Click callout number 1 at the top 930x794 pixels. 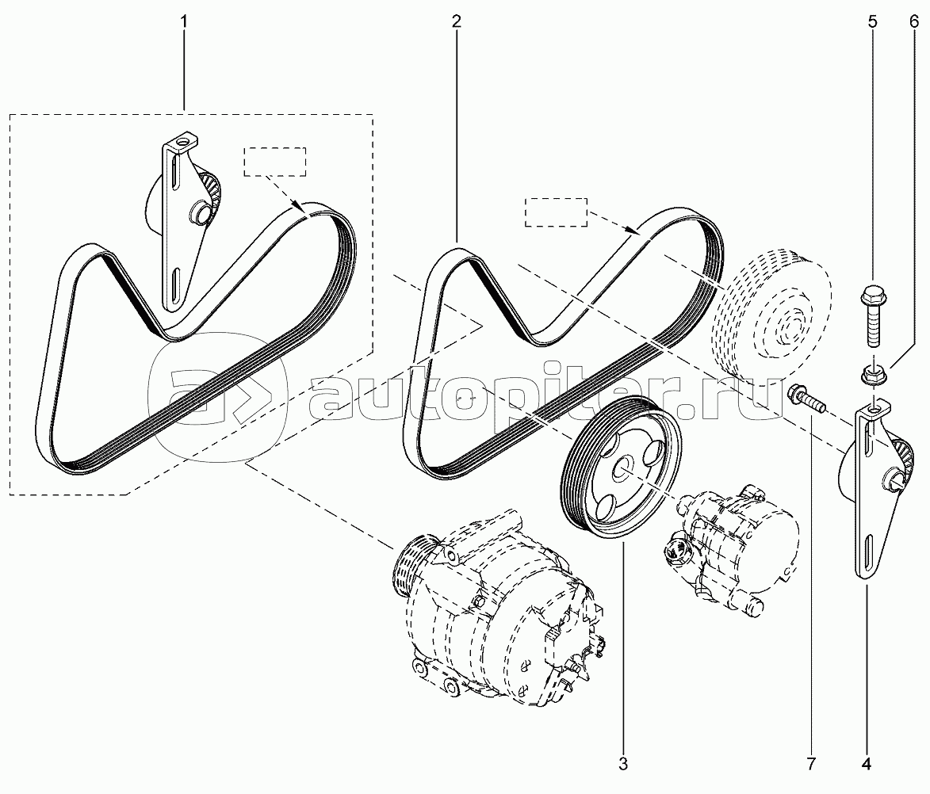pos(184,22)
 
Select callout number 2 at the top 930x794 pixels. pos(456,22)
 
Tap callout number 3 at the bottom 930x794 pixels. pos(622,765)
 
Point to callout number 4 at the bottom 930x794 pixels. pos(866,765)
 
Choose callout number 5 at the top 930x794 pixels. pos(872,22)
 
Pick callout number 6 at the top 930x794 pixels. pos(914,22)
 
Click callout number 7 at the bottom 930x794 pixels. pos(811,765)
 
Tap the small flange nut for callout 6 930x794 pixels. pos(870,374)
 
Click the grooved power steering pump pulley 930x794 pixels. pos(621,466)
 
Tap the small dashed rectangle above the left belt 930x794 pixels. pos(274,162)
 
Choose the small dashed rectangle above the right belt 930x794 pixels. pos(556,212)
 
